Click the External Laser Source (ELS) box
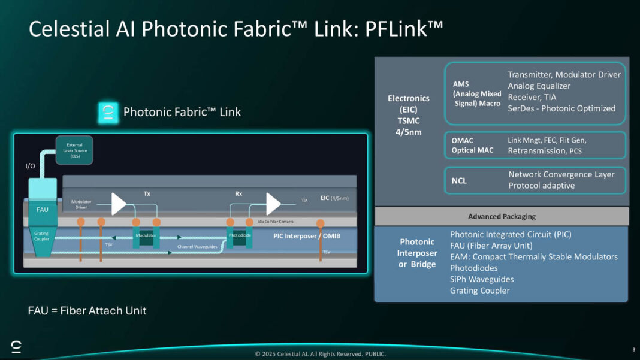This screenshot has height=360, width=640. click(x=74, y=150)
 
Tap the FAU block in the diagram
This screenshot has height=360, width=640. click(x=43, y=209)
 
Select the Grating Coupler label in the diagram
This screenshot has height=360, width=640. click(x=43, y=236)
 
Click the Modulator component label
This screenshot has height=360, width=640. click(x=146, y=235)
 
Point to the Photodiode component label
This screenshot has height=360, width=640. click(x=239, y=235)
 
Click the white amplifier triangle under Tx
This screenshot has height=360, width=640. click(x=119, y=204)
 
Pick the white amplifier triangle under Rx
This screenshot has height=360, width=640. click(x=273, y=204)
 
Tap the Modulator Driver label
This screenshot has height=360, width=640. click(x=81, y=204)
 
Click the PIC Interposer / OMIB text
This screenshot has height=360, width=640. click(x=306, y=236)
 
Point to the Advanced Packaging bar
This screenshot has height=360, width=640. click(x=502, y=216)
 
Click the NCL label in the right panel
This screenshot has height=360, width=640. click(x=460, y=180)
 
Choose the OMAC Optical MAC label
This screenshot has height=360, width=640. click(x=472, y=145)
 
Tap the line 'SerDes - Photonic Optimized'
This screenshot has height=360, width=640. click(x=561, y=108)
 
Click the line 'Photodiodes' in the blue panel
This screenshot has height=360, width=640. click(x=474, y=268)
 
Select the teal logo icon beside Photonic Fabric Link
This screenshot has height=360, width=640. click(x=108, y=112)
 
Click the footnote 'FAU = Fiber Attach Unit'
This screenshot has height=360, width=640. click(x=87, y=310)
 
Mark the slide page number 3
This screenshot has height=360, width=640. click(x=633, y=349)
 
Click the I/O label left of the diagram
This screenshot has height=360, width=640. click(x=30, y=166)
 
